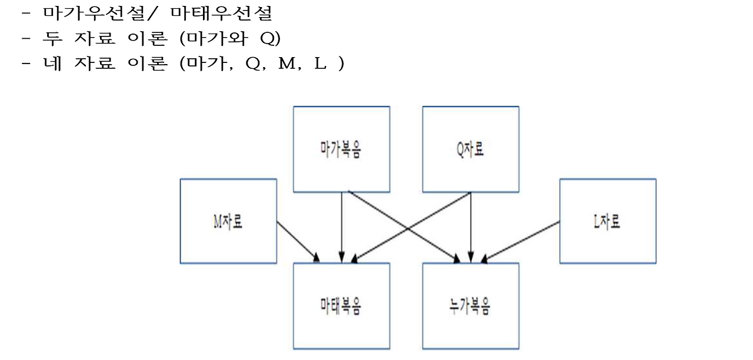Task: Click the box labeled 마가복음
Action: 341,149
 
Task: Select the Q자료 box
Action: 471,149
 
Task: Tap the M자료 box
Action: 228,221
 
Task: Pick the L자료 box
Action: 607,221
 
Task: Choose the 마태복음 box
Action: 341,306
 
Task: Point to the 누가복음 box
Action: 471,306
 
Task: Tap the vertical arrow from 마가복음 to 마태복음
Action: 341,226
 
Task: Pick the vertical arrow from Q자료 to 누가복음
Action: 471,226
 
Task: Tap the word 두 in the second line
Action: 52,38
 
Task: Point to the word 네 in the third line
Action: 52,63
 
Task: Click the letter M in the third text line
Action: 286,64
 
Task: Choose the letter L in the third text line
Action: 321,64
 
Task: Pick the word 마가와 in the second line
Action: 217,38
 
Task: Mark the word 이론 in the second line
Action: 147,38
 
